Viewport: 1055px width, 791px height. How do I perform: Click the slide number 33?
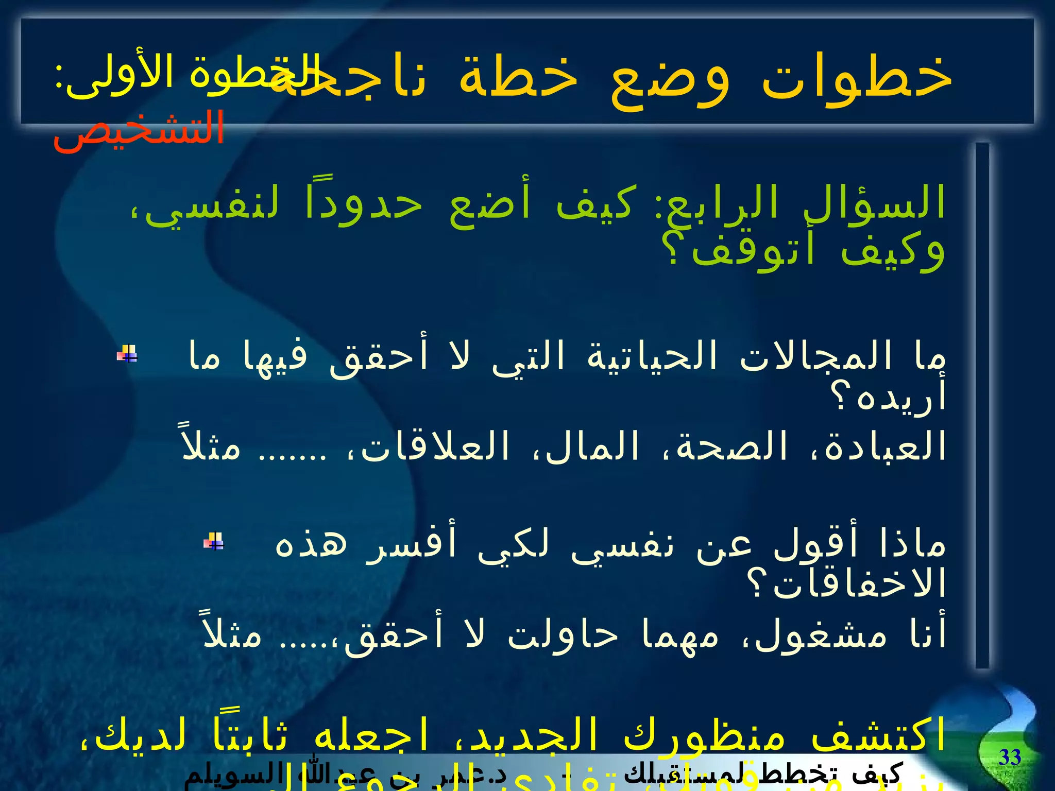click(1010, 758)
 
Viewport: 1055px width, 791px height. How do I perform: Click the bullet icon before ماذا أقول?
click(214, 541)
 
